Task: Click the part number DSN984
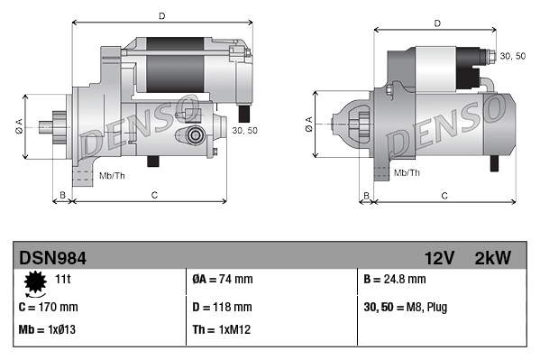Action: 52,258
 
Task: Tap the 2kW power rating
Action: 492,258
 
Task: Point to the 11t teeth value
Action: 63,280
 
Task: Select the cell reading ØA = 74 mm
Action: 223,281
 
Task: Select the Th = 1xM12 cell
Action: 221,331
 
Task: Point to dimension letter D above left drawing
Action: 161,15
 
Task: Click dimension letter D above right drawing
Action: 437,23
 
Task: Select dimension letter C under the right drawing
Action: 444,195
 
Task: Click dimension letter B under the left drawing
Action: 62,195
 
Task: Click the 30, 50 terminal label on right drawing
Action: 513,56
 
